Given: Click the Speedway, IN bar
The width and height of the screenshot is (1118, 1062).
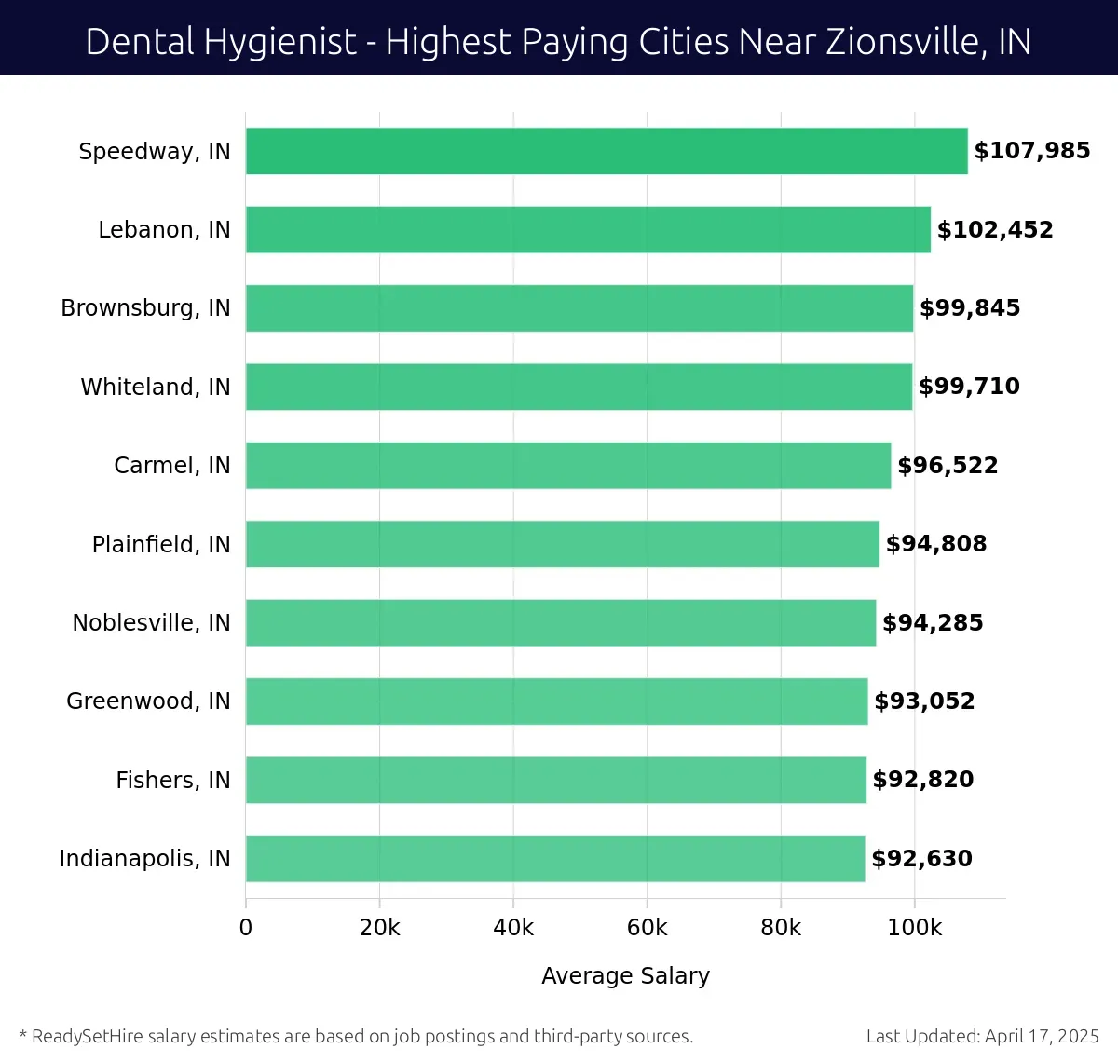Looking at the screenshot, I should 606,151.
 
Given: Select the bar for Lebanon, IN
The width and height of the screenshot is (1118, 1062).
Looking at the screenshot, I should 587,229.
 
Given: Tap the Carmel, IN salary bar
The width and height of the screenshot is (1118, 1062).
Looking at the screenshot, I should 568,465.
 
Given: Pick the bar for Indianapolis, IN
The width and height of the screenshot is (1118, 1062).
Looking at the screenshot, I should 555,858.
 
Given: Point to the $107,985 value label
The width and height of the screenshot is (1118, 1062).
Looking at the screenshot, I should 1031,151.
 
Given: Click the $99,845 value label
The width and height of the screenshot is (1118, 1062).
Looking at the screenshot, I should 970,308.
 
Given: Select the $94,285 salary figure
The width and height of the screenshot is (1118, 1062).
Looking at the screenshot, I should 933,622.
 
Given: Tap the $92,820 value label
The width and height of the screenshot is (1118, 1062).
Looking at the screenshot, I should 922,780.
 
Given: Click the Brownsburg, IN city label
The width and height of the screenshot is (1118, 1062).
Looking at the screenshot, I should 145,308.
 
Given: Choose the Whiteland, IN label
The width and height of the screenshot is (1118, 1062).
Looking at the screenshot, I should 155,387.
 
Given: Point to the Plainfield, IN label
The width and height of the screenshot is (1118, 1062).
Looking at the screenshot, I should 160,544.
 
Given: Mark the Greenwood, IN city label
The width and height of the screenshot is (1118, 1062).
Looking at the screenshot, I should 148,701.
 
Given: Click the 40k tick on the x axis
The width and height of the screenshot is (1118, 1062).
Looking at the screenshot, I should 513,928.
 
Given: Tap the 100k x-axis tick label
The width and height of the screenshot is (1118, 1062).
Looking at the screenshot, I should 914,928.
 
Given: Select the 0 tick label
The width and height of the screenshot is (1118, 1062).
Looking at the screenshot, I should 246,928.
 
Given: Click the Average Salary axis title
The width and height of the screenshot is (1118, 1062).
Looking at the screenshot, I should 625,975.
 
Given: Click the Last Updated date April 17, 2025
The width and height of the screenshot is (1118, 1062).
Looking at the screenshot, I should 1042,1036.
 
